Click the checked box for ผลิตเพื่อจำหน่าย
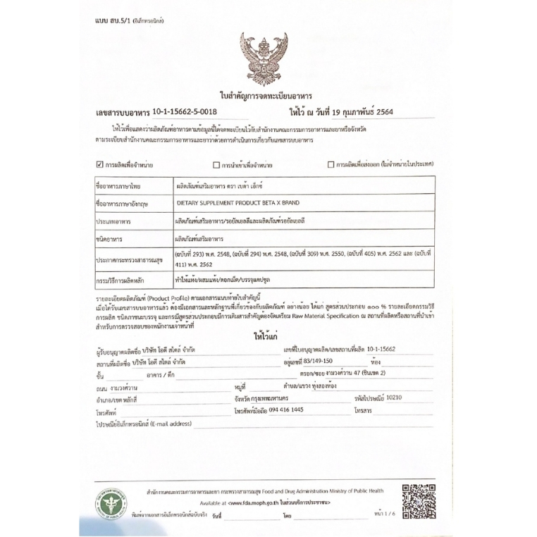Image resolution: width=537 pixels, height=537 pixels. tap(99, 165)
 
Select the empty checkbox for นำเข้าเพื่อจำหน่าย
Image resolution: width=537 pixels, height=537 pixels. tap(216, 165)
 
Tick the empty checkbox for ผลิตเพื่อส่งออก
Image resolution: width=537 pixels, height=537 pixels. tap(331, 165)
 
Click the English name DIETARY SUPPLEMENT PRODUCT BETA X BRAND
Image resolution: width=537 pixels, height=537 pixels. tap(237, 203)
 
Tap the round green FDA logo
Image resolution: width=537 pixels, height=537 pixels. tap(106, 503)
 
